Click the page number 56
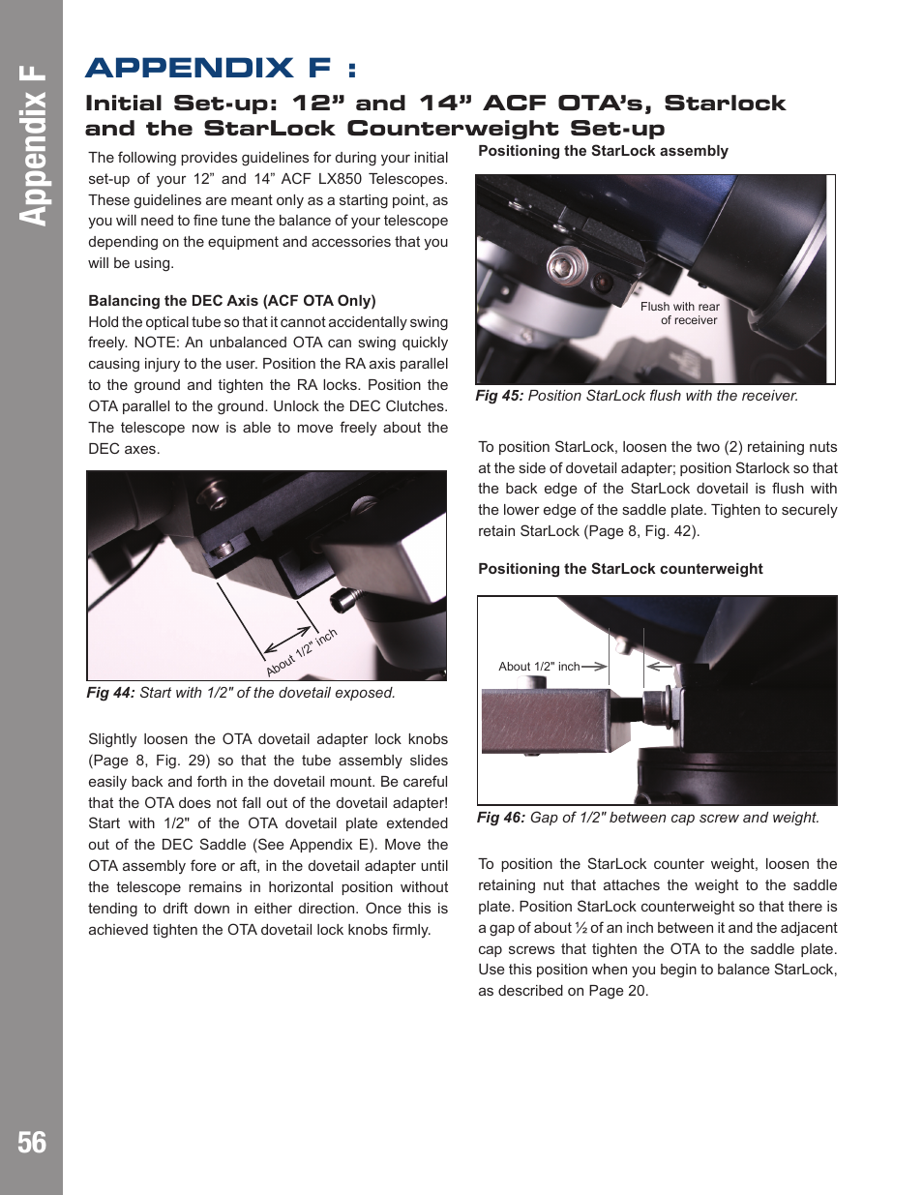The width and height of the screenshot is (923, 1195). (32, 1143)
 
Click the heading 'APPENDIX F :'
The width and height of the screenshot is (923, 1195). (221, 68)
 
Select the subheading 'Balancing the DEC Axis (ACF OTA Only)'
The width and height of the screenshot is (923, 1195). (232, 301)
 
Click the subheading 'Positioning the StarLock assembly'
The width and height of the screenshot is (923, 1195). (603, 151)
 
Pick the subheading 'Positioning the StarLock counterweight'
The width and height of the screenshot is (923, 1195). (620, 569)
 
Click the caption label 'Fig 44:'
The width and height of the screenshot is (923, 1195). (110, 693)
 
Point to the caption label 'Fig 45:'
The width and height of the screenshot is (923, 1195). (499, 396)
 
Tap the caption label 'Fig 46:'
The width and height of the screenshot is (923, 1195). (501, 818)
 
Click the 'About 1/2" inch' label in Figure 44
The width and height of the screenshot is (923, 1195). (302, 652)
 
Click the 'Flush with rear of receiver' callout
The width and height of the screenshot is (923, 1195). (680, 314)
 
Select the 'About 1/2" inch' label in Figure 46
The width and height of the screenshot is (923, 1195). (539, 667)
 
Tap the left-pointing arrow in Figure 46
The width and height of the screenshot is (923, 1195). (659, 667)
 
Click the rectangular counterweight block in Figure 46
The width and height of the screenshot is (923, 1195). (547, 721)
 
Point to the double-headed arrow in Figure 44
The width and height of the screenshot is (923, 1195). (287, 640)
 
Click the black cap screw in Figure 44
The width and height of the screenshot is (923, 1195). (344, 600)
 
